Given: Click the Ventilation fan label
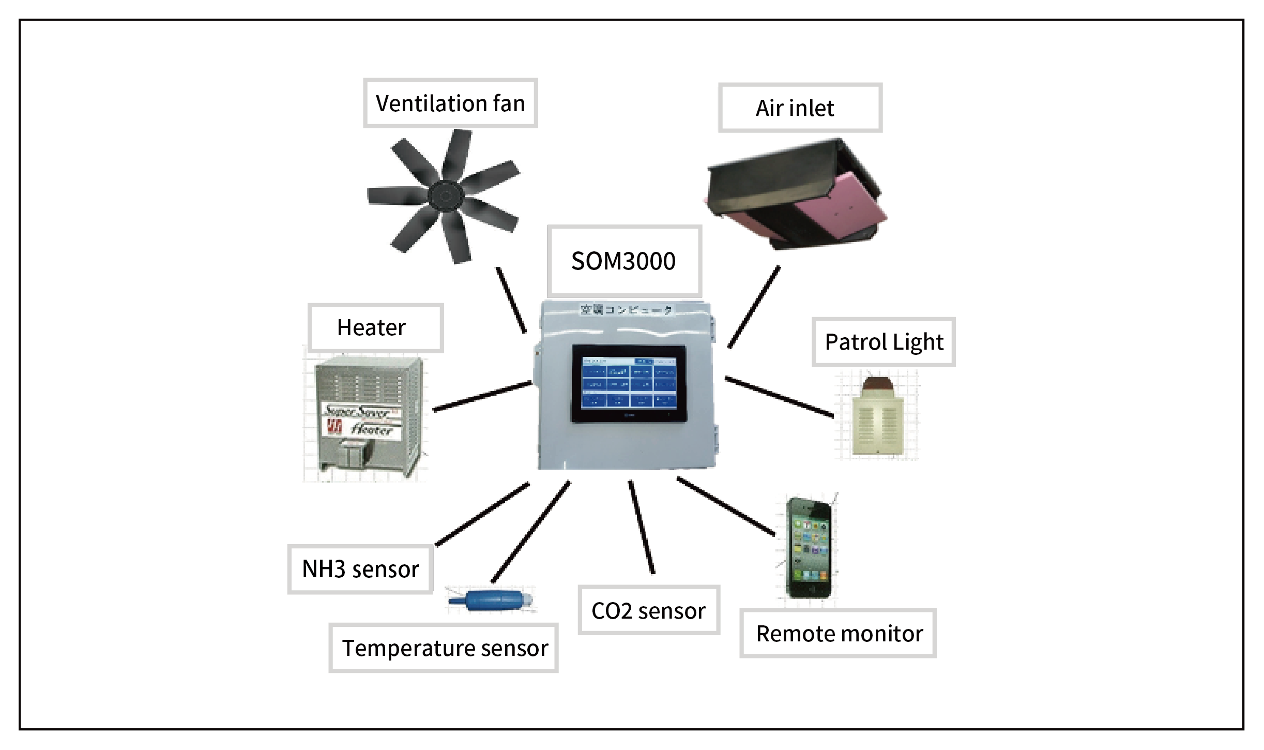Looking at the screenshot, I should click(450, 103).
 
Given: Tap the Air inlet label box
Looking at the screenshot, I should click(799, 108).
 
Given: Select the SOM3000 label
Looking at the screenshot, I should click(623, 261).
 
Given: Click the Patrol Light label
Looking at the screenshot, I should click(884, 342).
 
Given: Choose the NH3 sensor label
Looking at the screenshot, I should click(360, 569).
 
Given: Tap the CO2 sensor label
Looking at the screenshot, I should click(648, 611).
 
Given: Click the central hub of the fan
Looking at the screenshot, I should click(445, 196).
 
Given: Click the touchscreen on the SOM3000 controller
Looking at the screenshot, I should click(628, 383).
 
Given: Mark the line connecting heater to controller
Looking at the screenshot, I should click(482, 397).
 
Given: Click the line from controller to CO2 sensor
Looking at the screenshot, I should click(642, 527).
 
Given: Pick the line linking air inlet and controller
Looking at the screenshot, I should click(754, 307).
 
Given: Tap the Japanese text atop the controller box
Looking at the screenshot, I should click(626, 310).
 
